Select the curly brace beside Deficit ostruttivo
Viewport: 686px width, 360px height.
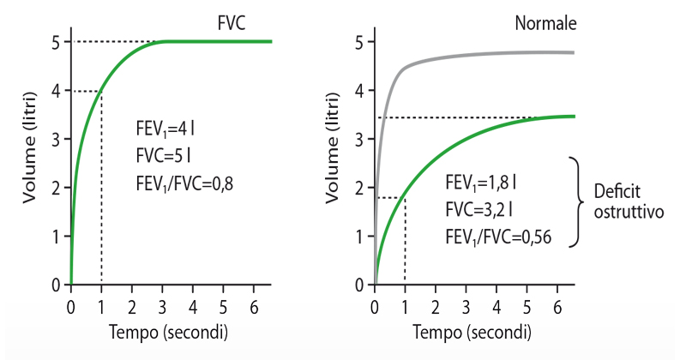coord(576,202)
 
